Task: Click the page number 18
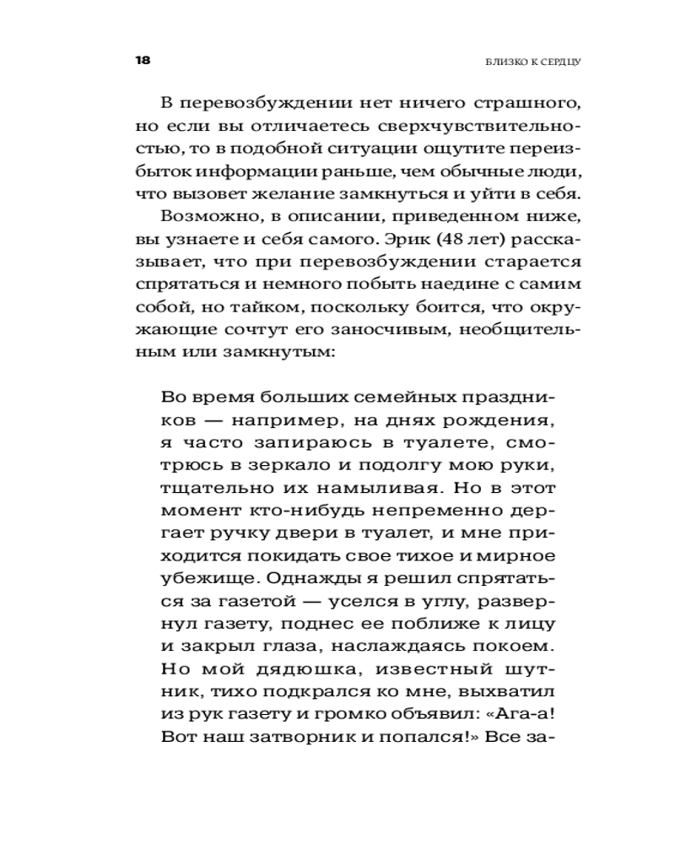[142, 62]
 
